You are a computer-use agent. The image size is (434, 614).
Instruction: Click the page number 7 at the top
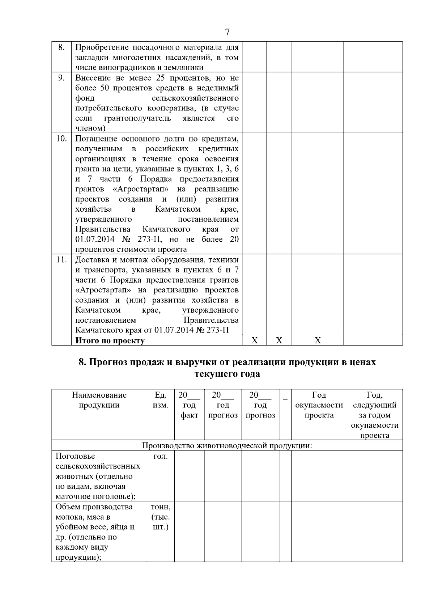coord(227,33)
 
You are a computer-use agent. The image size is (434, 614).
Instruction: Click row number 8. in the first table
coord(61,47)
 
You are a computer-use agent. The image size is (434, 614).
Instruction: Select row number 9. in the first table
coord(61,78)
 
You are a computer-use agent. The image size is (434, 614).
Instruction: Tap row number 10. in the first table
coord(61,139)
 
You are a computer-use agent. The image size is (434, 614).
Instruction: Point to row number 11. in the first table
coord(61,260)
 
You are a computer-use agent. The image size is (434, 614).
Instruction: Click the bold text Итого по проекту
coord(110,340)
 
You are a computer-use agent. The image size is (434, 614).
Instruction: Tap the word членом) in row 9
coord(90,128)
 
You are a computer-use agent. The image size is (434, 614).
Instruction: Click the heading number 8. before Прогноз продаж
coord(83,362)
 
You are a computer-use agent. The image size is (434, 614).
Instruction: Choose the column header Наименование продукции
coord(99,400)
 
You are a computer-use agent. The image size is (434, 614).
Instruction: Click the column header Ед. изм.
coord(160,400)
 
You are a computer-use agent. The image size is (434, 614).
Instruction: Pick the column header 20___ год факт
coord(189,405)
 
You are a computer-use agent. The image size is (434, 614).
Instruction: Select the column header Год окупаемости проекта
coord(319,405)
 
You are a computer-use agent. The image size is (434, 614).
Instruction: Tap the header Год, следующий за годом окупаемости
coord(374,415)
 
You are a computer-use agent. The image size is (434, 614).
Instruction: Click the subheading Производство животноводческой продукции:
coord(227,445)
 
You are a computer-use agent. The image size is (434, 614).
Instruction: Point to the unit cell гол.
coord(160,456)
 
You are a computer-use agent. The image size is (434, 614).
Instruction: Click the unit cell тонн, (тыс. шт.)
coord(160,517)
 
